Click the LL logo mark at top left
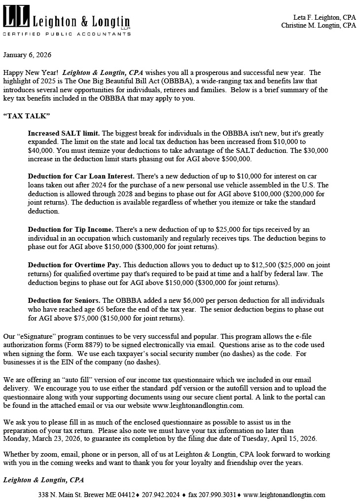coord(16,17)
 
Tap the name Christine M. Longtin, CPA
coord(319,25)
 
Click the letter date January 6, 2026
coord(27,55)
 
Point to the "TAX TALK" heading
coord(27,116)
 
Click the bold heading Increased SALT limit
coord(64,134)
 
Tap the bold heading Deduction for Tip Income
coord(71,229)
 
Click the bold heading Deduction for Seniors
coord(64,300)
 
